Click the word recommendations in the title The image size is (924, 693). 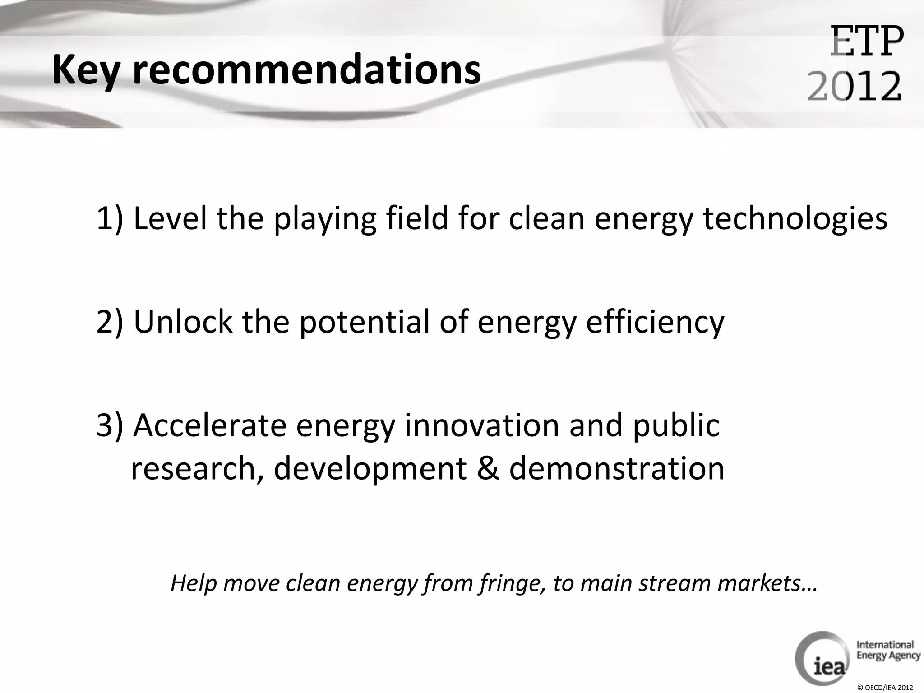307,69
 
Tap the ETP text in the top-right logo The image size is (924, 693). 867,42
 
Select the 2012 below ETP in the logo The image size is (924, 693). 854,86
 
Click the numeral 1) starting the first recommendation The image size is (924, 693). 110,218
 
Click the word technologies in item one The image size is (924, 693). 795,218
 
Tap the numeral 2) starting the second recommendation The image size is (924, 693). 110,322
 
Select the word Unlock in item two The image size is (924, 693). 183,322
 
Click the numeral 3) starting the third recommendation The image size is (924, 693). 110,425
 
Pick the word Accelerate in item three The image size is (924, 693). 210,425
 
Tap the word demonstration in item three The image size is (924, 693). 617,468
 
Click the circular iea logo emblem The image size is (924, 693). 822,658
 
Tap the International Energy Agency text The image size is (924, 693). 887,650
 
